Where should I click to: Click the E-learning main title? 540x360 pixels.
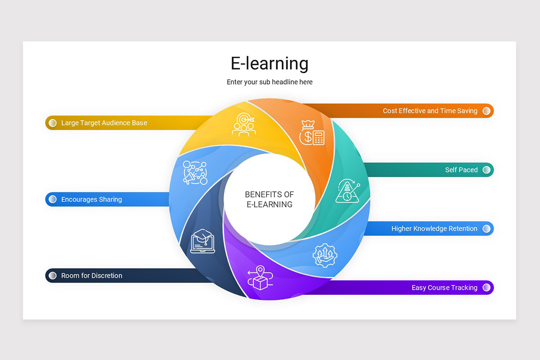pos(270,63)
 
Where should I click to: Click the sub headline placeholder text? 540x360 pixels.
pos(270,82)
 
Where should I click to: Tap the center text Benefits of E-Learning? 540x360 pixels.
pos(270,199)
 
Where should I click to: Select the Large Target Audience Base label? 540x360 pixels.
pos(104,123)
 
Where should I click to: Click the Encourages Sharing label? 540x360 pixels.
pos(91,199)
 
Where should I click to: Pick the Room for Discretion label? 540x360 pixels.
pos(92,275)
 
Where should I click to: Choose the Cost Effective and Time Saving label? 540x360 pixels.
pos(430,111)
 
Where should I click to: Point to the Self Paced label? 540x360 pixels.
pos(461,170)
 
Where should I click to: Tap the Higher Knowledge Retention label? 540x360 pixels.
pos(434,229)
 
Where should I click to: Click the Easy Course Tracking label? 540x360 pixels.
pos(444,288)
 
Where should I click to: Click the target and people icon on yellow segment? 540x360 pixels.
pos(244,124)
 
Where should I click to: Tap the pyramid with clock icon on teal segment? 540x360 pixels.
pos(347,191)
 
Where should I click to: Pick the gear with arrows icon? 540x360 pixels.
pos(325,255)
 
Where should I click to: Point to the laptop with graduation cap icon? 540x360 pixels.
pos(203,240)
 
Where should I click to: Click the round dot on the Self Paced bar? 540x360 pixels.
pos(486,170)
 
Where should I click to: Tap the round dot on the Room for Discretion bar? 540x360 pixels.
pos(53,275)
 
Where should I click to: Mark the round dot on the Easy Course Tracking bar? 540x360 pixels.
pos(486,288)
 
